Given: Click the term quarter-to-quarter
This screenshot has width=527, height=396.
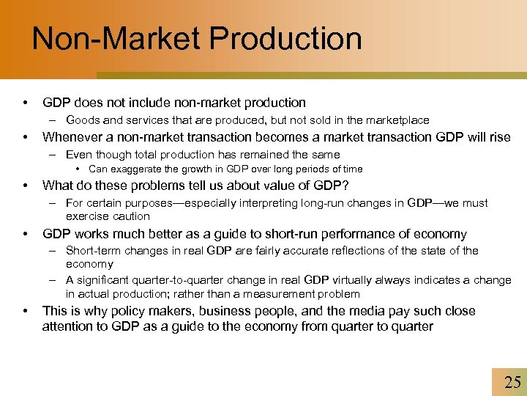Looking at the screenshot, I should tap(174, 280).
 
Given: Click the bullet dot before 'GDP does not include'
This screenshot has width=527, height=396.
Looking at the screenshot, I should tap(26, 103).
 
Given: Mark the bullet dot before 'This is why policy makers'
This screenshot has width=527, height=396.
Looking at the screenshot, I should tap(26, 311).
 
